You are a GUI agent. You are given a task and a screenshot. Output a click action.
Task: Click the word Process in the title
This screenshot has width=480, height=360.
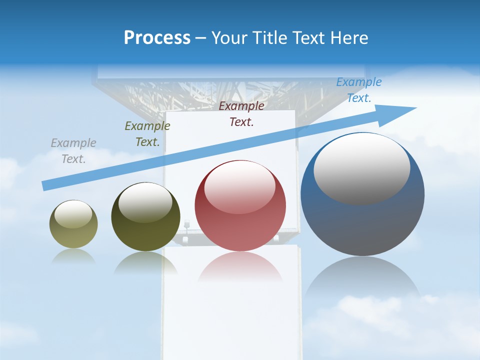coord(157,38)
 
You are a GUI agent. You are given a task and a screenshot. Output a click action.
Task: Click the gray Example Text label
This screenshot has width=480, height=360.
coord(73,151)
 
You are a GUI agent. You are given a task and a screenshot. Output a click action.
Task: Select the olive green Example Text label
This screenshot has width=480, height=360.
coord(147,134)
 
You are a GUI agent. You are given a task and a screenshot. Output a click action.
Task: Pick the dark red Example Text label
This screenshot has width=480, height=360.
coord(241,113)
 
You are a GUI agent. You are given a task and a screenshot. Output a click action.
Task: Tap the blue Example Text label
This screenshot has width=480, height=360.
coord(359,90)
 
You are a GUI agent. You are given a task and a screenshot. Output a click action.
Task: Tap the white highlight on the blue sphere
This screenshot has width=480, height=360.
coord(362,167)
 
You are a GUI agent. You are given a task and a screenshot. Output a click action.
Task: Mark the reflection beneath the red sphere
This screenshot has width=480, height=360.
coord(240,267)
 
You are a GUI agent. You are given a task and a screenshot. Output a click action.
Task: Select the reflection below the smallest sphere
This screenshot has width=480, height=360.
coord(73,256)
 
